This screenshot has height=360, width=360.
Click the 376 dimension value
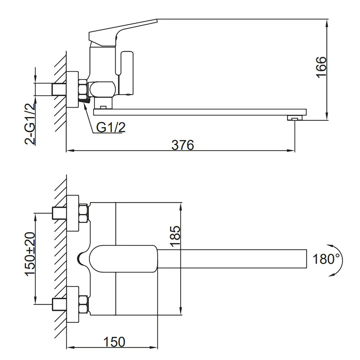click(x=183, y=145)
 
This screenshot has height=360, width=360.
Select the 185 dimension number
click(x=176, y=237)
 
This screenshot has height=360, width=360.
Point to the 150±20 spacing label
click(x=30, y=254)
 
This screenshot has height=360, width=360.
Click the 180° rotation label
click(x=326, y=259)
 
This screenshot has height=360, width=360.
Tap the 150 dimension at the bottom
click(x=114, y=342)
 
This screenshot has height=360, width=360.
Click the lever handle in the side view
click(x=123, y=32)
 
